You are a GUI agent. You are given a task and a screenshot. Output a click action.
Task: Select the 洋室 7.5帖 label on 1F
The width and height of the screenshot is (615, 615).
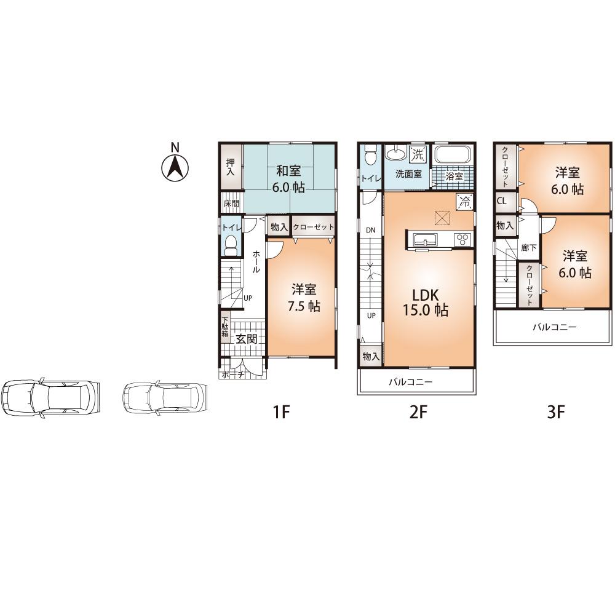[304, 298]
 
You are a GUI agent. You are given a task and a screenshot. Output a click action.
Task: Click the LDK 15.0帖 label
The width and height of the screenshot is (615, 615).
[425, 301]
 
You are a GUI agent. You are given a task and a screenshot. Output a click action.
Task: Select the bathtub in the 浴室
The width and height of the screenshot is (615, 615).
[452, 156]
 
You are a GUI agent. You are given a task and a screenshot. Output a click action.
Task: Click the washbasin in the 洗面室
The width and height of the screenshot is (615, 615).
[395, 154]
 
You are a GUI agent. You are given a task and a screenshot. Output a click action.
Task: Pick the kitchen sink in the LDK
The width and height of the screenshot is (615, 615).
[423, 239]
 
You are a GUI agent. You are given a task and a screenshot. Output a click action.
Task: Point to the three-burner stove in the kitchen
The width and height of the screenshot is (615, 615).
[462, 239]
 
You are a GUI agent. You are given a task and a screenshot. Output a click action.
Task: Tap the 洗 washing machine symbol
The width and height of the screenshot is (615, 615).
[418, 153]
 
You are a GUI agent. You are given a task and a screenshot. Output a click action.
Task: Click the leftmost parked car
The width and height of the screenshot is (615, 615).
[49, 399]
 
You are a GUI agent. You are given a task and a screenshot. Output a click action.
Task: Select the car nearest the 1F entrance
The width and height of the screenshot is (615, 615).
[165, 399]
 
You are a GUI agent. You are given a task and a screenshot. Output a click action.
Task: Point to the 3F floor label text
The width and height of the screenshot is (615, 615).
[556, 412]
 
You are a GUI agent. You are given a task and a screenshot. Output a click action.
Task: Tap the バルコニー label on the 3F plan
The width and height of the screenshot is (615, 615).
[554, 328]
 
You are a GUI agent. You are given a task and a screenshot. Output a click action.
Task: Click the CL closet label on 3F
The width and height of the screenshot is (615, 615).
[502, 200]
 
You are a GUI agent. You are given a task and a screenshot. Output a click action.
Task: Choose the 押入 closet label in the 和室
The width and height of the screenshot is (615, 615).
[231, 167]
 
